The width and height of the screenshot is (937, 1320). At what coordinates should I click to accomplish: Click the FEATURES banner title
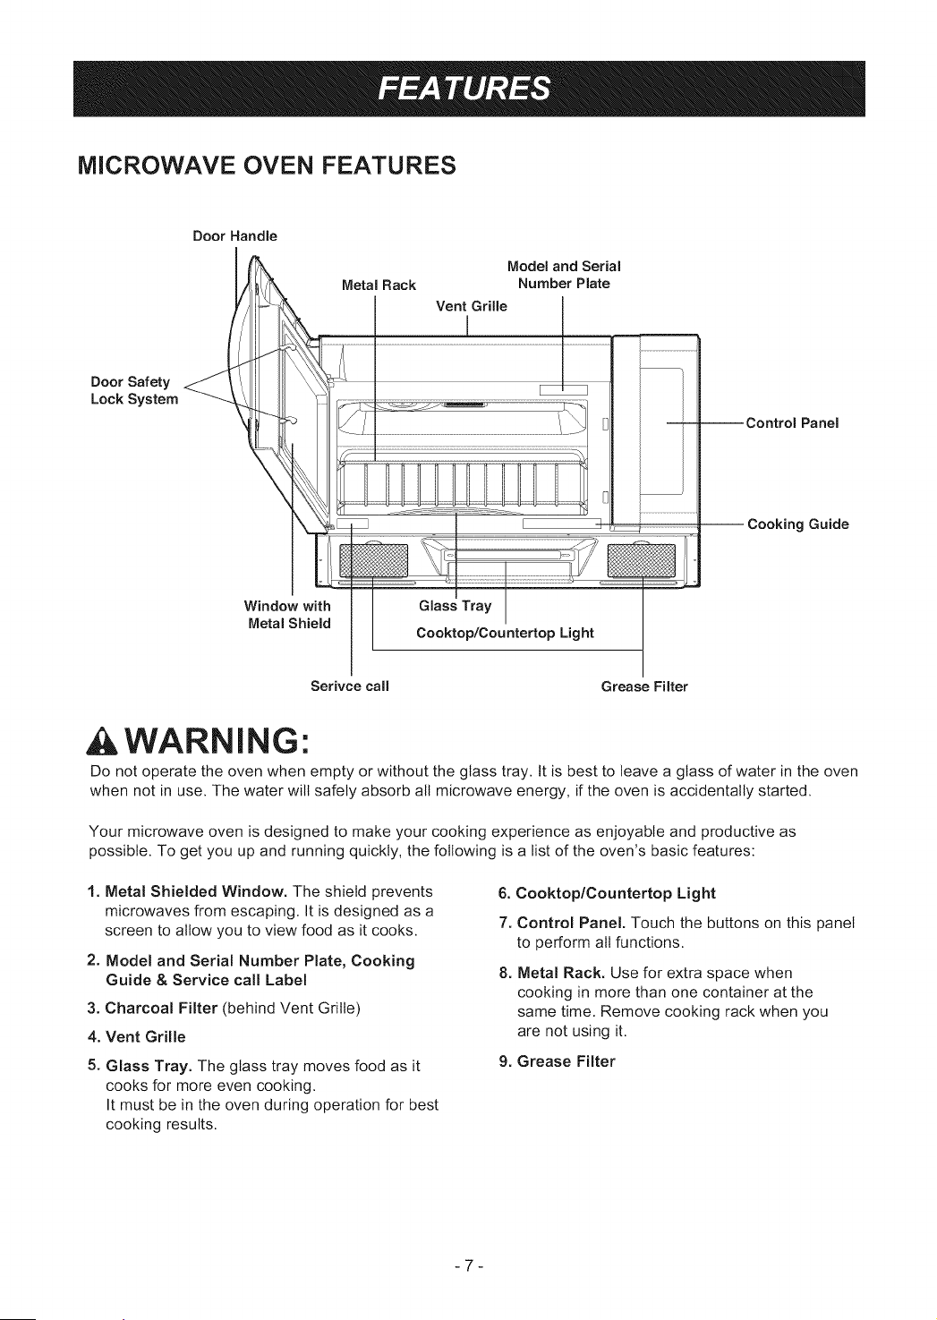[464, 89]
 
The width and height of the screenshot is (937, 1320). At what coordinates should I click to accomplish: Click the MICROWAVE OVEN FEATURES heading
[267, 166]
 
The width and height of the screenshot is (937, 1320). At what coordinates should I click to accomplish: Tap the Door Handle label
[234, 236]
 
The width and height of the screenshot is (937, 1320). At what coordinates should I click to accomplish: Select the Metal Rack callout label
[379, 285]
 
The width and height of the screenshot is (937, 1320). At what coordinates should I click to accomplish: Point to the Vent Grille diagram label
[472, 306]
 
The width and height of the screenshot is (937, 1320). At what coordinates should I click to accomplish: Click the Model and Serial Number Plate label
[564, 276]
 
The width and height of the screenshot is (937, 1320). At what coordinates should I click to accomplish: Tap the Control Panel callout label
[792, 423]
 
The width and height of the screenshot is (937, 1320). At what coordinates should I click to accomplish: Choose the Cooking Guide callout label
[798, 524]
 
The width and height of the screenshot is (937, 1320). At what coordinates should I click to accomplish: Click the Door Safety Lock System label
[134, 391]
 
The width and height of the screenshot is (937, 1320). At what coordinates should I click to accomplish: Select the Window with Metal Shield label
[288, 615]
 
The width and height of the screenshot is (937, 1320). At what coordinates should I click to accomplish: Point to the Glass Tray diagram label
[455, 607]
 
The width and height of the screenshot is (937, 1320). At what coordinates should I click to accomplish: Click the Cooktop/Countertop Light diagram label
[505, 634]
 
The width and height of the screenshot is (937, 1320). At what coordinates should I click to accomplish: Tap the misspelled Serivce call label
[350, 686]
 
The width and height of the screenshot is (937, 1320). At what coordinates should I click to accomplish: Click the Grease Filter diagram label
[644, 687]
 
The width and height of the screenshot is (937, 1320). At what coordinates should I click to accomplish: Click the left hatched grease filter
[373, 560]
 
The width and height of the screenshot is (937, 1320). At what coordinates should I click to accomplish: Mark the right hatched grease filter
[642, 560]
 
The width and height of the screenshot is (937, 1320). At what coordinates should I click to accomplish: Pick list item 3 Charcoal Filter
[224, 1009]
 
